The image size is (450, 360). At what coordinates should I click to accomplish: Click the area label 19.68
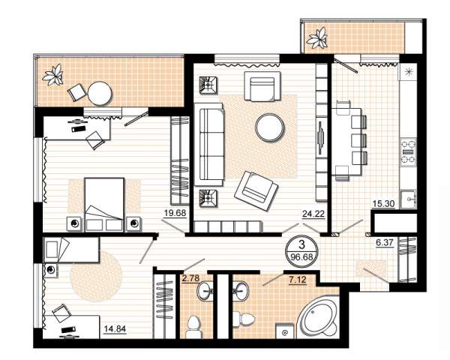click(175, 213)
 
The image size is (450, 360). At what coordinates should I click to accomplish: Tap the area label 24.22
click(313, 214)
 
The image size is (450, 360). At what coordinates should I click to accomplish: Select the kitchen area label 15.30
click(383, 204)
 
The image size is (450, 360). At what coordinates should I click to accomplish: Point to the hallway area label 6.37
click(384, 243)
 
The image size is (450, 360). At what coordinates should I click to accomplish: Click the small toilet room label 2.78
click(190, 278)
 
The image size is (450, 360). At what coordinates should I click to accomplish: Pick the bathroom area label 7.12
click(298, 279)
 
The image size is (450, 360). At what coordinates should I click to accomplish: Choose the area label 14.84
click(115, 328)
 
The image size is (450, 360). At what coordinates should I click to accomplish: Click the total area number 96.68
click(301, 256)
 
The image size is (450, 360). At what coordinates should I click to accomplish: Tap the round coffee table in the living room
click(270, 127)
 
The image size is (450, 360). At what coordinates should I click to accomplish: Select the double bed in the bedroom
click(104, 205)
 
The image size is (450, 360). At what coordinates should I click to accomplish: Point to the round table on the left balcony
click(100, 94)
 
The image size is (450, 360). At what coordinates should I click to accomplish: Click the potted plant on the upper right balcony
click(316, 38)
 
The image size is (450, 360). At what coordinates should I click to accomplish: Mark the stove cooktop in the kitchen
click(408, 151)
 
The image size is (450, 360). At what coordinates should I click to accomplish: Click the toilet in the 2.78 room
click(193, 327)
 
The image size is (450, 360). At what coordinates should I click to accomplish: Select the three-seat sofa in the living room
click(209, 145)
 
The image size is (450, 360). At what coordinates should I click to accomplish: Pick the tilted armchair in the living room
click(256, 191)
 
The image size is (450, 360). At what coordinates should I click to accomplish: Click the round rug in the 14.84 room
click(96, 277)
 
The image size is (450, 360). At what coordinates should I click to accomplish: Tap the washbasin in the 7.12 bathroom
click(241, 291)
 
